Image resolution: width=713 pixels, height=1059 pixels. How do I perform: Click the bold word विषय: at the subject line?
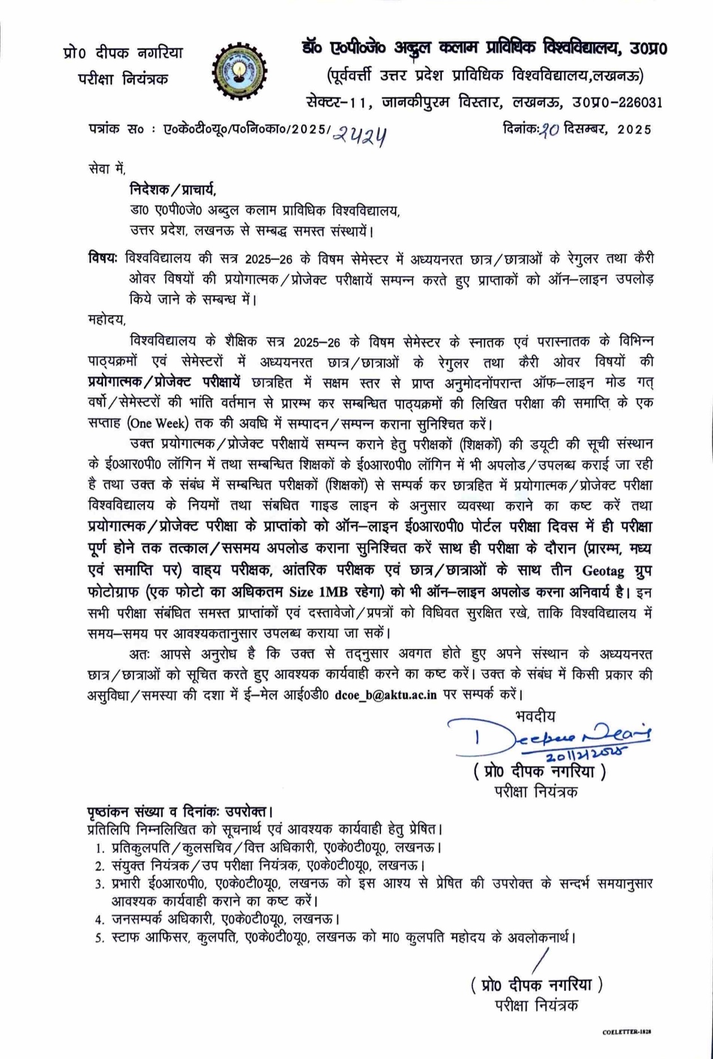click(102, 258)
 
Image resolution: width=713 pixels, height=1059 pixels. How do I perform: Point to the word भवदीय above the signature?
click(535, 716)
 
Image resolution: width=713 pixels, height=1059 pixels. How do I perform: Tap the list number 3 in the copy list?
click(100, 884)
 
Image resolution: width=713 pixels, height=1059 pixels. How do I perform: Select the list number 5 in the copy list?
click(100, 938)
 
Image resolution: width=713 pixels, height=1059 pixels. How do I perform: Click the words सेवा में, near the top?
click(107, 168)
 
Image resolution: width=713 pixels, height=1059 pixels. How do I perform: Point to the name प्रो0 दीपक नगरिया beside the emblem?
click(123, 53)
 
